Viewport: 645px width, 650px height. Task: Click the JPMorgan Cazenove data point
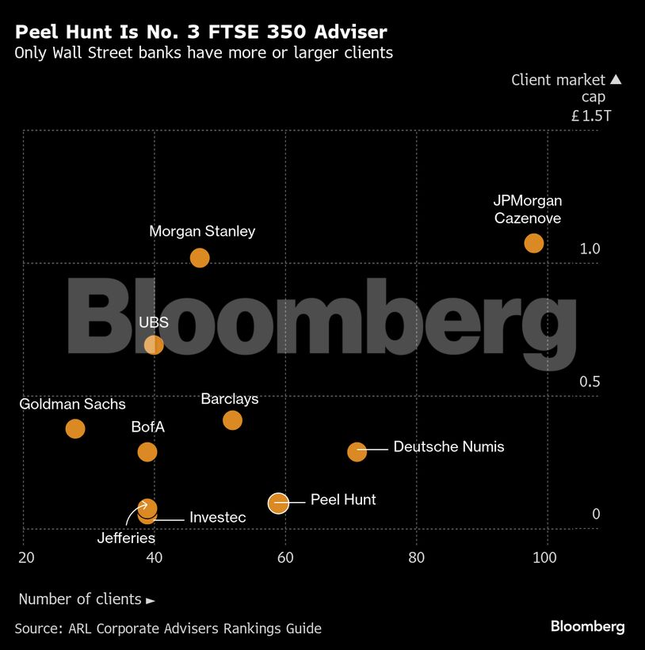point(534,242)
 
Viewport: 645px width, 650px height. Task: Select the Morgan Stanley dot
point(200,257)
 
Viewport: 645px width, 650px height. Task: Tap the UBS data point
point(154,344)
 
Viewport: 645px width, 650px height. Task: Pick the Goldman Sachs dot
point(75,428)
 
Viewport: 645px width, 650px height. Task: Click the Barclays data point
point(232,420)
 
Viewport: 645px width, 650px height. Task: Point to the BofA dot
point(147,451)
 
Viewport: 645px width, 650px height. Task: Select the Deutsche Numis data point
point(357,450)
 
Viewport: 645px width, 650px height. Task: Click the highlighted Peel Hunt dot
point(278,502)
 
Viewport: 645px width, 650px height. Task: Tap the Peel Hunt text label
point(343,500)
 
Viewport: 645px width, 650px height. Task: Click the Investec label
point(217,517)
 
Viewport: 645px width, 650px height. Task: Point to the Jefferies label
point(126,538)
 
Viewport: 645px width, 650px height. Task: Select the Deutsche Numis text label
point(448,447)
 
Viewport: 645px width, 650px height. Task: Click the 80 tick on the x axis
point(417,557)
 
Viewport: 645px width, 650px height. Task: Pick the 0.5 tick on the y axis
point(590,382)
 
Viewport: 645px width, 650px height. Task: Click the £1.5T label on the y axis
point(591,116)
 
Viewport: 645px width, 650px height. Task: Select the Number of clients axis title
point(86,599)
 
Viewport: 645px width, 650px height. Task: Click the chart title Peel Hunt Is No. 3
point(201,32)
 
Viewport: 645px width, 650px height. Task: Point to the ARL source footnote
point(168,628)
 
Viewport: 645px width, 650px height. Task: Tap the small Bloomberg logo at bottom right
point(587,626)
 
